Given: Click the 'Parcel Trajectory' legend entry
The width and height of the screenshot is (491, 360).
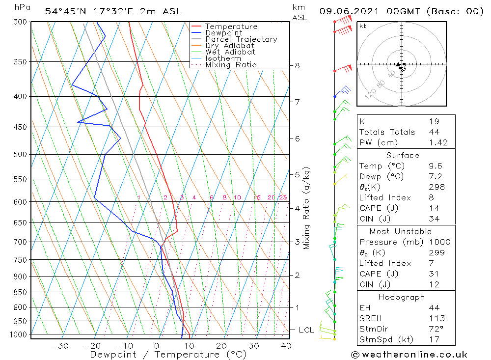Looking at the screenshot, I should (241, 39).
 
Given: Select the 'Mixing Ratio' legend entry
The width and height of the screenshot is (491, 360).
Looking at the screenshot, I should (230, 64).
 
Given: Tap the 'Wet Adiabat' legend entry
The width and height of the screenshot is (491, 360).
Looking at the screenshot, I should (230, 52).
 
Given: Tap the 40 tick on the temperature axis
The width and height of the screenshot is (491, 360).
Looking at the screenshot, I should (286, 346).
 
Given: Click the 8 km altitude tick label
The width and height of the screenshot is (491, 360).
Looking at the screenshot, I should (298, 65).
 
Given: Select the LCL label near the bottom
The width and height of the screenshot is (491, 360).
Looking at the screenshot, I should (306, 330).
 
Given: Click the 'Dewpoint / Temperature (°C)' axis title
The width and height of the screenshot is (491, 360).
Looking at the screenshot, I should (168, 355).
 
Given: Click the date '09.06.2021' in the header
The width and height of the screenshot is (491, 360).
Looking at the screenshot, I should (346, 11).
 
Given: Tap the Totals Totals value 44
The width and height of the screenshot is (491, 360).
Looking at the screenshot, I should (434, 132).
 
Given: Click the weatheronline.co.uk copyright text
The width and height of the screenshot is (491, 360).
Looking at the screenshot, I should (409, 355).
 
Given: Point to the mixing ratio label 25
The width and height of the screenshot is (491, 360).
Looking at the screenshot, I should (282, 197).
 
